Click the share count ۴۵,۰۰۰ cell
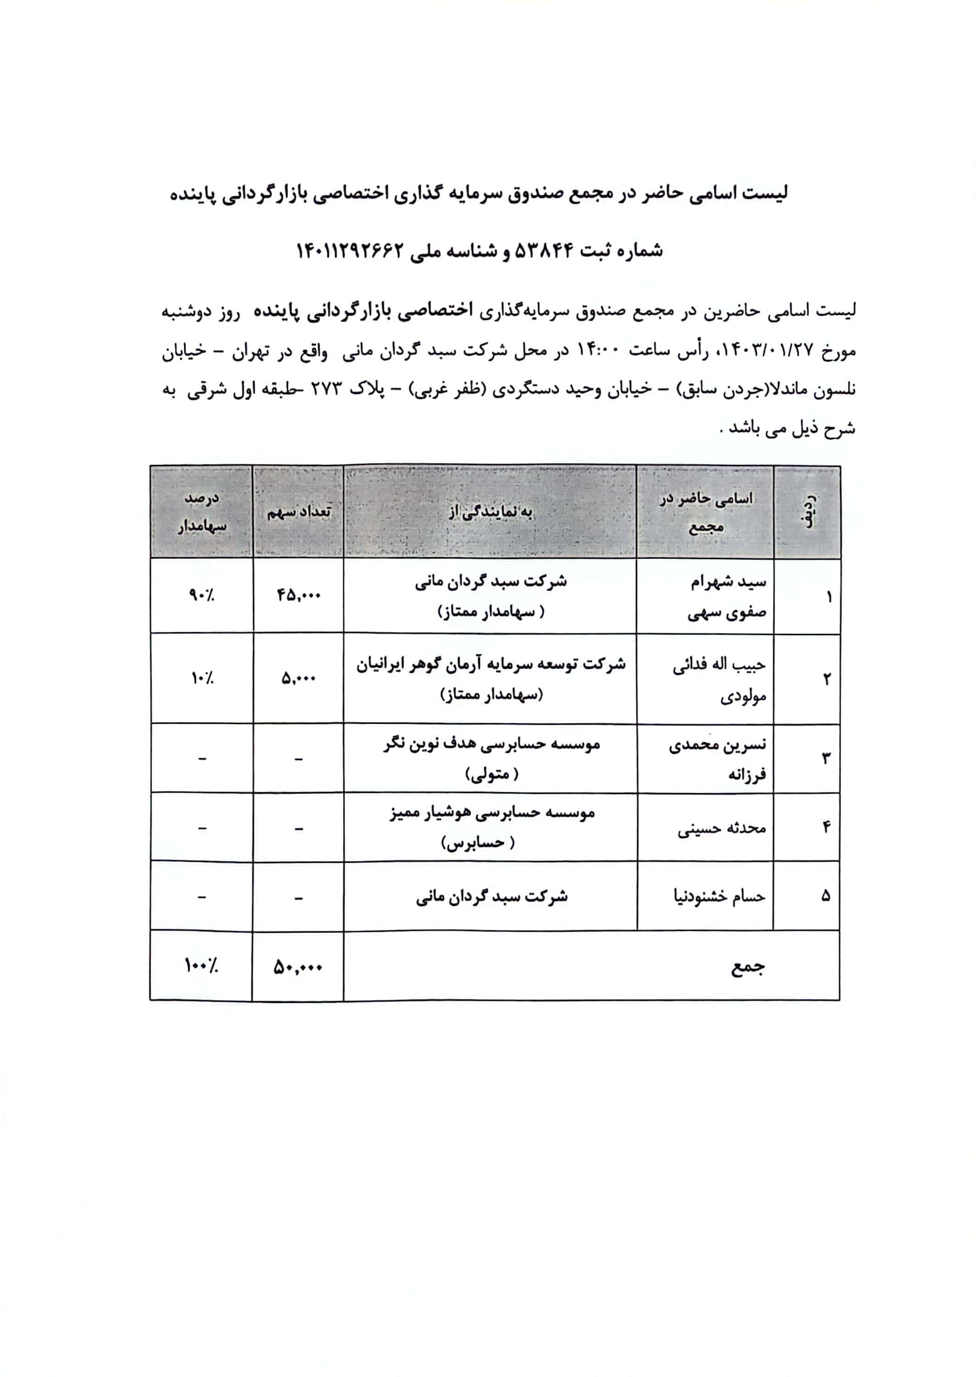point(299,595)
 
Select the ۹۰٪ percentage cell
point(201,595)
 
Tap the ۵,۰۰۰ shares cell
point(299,678)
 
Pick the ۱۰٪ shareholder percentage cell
point(201,678)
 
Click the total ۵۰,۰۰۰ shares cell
point(298,967)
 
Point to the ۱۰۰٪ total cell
point(201,966)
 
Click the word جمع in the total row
point(748,967)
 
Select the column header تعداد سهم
point(299,512)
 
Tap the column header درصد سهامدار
point(201,512)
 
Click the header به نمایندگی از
point(491,512)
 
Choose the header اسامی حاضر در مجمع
point(705,512)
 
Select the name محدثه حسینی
point(722,828)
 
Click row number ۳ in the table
point(826,758)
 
